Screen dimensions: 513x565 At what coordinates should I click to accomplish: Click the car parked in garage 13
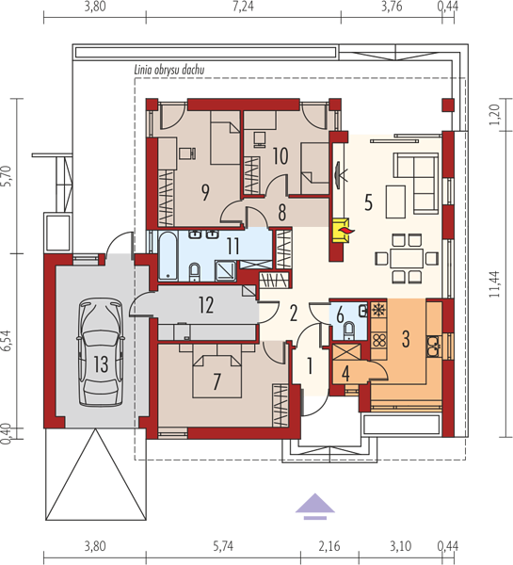101,352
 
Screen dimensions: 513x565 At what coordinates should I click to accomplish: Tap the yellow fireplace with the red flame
341,231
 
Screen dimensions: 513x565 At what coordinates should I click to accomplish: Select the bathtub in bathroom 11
168,256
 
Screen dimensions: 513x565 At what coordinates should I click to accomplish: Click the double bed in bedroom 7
217,376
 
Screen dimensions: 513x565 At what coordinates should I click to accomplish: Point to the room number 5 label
368,202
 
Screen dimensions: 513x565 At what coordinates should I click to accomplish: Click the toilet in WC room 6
348,331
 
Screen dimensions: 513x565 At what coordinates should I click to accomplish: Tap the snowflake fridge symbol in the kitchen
378,310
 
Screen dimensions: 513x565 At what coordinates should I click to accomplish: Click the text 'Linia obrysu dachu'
168,70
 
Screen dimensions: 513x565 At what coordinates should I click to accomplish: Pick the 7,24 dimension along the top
243,7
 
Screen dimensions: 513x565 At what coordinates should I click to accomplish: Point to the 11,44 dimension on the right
494,284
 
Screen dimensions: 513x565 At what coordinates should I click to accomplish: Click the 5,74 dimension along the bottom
223,546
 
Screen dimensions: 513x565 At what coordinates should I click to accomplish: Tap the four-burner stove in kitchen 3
379,340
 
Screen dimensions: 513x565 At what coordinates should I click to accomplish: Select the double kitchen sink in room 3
433,346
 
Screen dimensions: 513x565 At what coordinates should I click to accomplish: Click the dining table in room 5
407,258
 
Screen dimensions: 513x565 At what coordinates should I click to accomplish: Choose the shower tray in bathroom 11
226,271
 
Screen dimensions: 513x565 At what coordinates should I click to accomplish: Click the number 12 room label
206,305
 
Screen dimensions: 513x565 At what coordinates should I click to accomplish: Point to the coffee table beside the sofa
395,202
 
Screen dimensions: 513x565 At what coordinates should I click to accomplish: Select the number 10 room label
281,156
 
